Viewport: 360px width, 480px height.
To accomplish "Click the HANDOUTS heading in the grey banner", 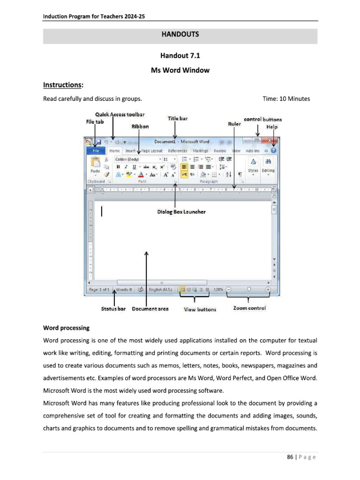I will click(x=180, y=34).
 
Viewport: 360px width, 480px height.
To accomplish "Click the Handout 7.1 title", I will click(x=180, y=56).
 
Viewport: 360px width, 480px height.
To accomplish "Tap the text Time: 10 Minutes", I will click(x=286, y=99).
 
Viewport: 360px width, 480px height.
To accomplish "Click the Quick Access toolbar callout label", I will click(x=120, y=114).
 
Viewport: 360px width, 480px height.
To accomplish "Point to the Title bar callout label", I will click(x=178, y=119).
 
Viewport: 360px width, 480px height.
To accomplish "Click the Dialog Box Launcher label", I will click(x=181, y=212).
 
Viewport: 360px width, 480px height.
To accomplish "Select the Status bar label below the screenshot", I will click(x=113, y=309).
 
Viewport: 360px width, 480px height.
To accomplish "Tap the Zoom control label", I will click(x=249, y=308).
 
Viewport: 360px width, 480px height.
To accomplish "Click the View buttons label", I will click(x=200, y=309).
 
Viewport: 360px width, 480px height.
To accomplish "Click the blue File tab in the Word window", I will click(x=96, y=151).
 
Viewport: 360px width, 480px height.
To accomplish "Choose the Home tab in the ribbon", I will click(x=114, y=151).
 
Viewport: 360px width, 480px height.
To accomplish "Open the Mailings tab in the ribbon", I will click(x=201, y=151).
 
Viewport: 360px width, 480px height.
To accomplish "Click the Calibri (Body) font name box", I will click(x=136, y=159).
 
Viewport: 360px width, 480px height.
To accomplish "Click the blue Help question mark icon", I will click(x=274, y=151).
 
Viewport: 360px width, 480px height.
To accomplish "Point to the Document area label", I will click(x=150, y=309).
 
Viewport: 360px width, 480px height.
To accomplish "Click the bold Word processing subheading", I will click(x=66, y=327).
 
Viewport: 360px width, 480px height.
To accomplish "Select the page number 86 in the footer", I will click(x=290, y=457).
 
